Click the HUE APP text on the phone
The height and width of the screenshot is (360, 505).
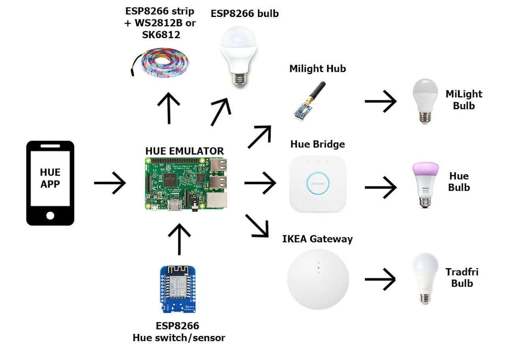pyautogui.click(x=50, y=178)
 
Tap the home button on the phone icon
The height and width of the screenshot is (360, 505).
pyautogui.click(x=50, y=215)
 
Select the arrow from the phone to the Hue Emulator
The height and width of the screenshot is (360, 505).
pyautogui.click(x=110, y=183)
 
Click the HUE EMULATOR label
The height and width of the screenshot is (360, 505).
pyautogui.click(x=184, y=151)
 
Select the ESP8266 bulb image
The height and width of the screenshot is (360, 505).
pyautogui.click(x=238, y=55)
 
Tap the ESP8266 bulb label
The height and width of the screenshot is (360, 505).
pyautogui.click(x=245, y=13)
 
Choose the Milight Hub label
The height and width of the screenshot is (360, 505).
pyautogui.click(x=318, y=69)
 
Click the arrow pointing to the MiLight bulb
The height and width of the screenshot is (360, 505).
pyautogui.click(x=380, y=101)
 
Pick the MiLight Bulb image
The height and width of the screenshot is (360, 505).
pyautogui.click(x=425, y=101)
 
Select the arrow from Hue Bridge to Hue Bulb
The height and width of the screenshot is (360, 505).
pyautogui.click(x=380, y=187)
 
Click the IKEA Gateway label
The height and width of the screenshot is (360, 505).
pyautogui.click(x=318, y=239)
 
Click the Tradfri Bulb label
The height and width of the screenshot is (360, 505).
pyautogui.click(x=462, y=278)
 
